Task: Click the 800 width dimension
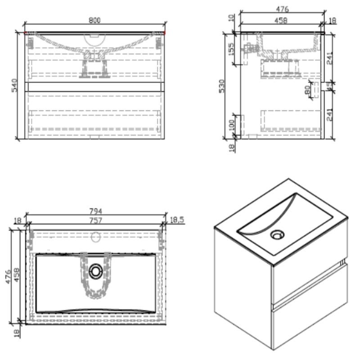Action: [94, 20]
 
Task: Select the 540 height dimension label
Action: [14, 85]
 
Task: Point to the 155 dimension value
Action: [230, 49]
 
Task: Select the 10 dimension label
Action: [231, 18]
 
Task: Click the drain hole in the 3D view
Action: [278, 234]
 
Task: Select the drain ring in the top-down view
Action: [95, 271]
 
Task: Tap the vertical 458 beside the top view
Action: [16, 274]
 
